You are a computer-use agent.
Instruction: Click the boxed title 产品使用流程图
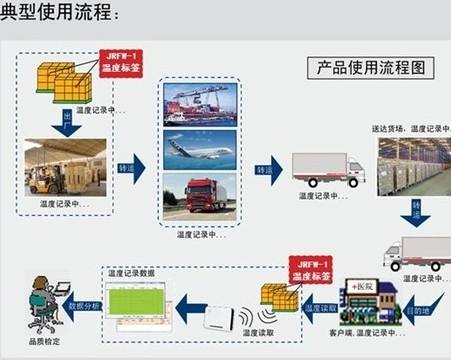point(369,68)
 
